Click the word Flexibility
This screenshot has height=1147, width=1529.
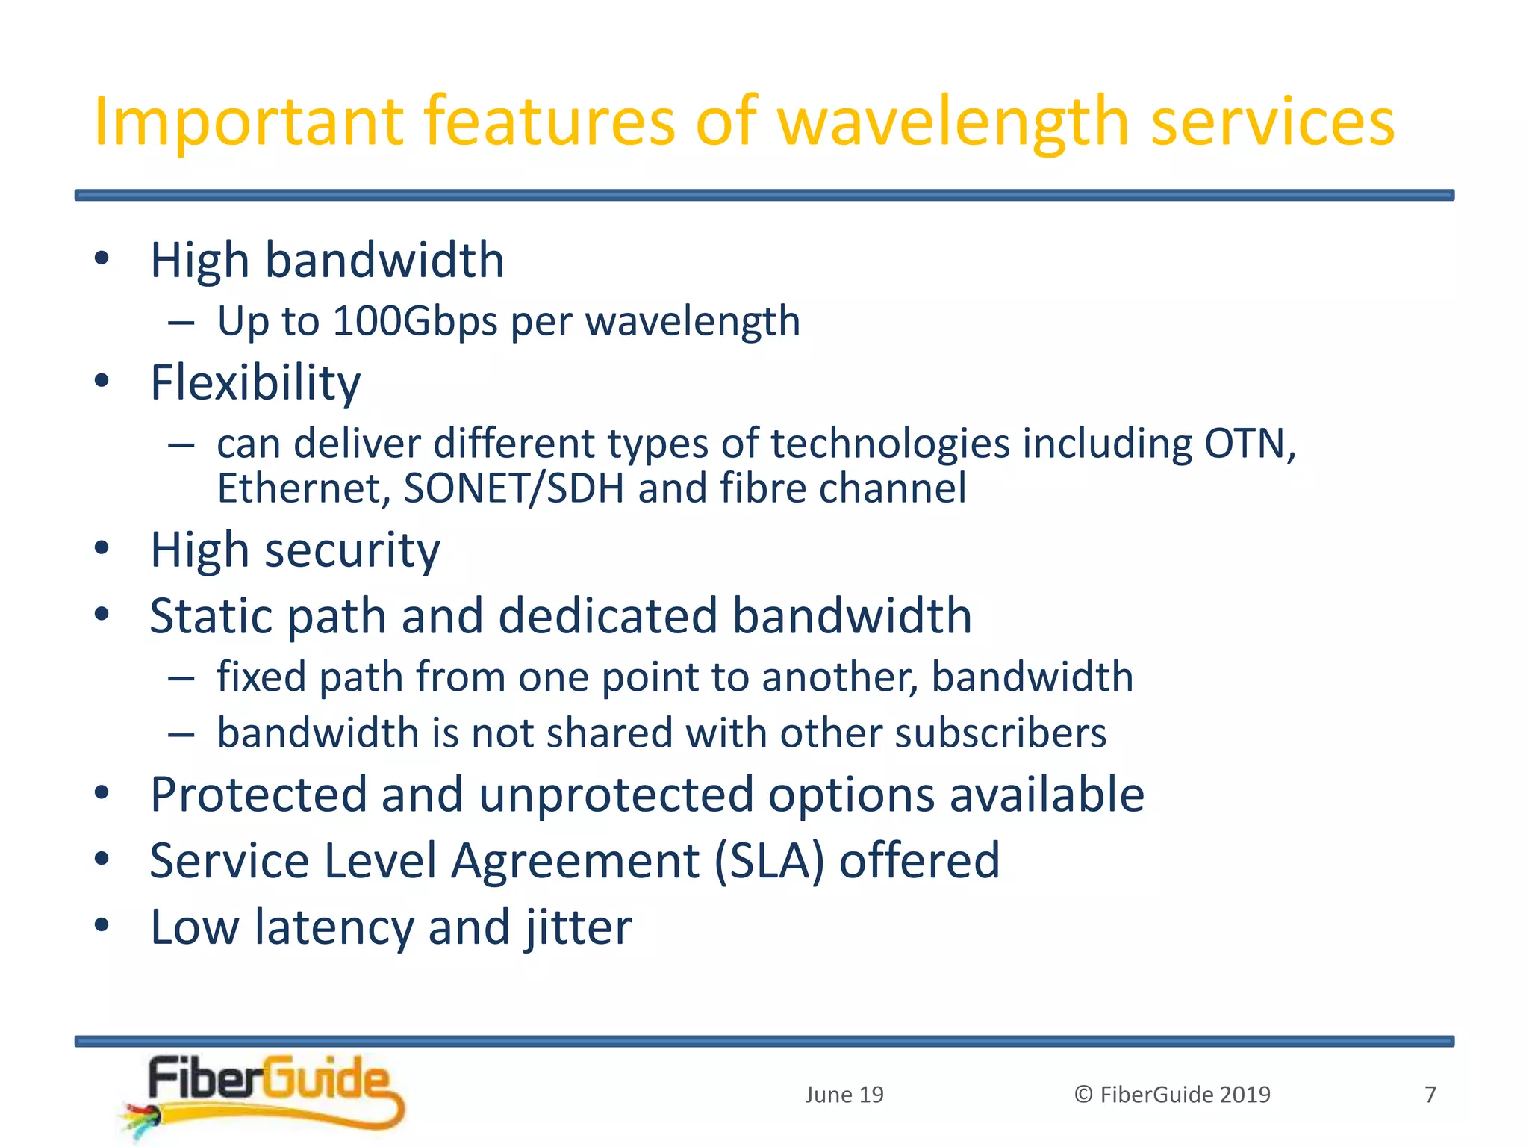255,383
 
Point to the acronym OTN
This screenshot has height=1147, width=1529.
1248,444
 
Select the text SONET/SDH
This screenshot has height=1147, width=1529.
514,489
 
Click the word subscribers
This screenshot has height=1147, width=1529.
1000,733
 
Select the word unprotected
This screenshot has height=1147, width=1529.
616,795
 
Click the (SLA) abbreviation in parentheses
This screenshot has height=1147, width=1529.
769,861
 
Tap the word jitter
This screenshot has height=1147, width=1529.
578,927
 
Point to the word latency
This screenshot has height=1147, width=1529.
334,927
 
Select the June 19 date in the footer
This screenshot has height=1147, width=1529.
844,1095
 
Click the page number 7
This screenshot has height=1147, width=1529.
1430,1095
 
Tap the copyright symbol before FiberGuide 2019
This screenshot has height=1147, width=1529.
1083,1095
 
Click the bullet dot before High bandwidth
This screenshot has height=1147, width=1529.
102,259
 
